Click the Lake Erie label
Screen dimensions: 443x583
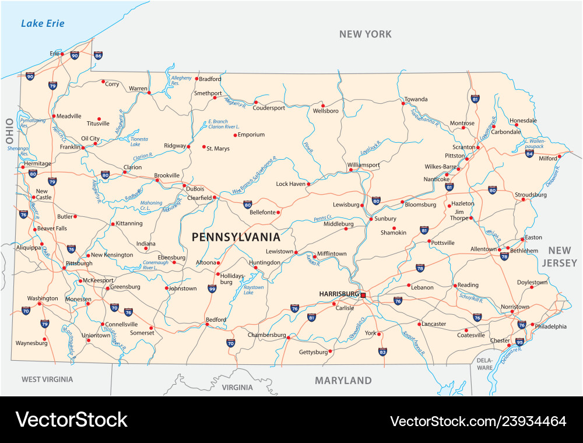[43, 24]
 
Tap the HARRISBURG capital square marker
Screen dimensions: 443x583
[363, 296]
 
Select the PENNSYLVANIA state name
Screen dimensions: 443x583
[236, 237]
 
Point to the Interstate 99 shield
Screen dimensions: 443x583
[212, 288]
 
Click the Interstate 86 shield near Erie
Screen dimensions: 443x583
[98, 56]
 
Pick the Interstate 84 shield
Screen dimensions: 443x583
[529, 153]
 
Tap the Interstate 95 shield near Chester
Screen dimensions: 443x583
[519, 342]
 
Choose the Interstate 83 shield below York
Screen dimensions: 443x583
[382, 351]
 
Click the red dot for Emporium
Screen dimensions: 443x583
[235, 135]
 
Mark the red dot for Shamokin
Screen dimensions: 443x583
[394, 228]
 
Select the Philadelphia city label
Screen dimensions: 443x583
[550, 326]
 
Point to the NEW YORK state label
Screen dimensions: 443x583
[366, 34]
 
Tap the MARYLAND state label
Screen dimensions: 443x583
[343, 381]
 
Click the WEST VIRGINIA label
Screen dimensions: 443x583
[47, 379]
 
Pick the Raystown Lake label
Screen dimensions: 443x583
[253, 290]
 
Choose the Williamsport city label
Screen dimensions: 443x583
[363, 165]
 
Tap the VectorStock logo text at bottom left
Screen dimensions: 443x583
[71, 419]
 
